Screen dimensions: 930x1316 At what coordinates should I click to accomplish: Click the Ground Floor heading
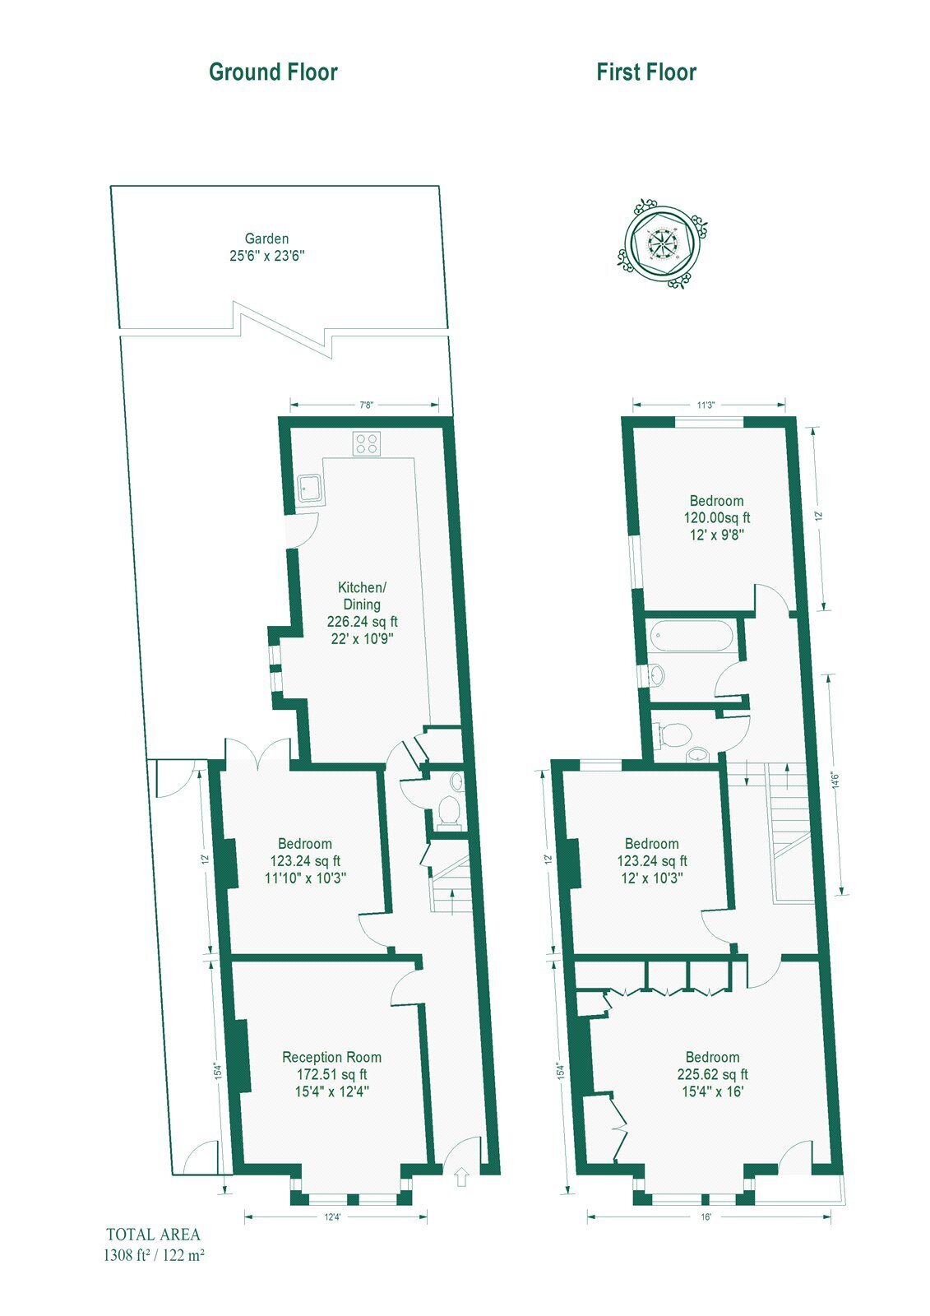pyautogui.click(x=273, y=72)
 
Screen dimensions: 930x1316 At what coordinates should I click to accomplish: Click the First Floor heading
pyautogui.click(x=646, y=72)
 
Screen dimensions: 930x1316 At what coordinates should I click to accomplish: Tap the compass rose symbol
pyautogui.click(x=662, y=243)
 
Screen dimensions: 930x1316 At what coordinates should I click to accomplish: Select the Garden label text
pyautogui.click(x=266, y=239)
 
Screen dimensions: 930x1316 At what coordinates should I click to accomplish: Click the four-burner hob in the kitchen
pyautogui.click(x=367, y=443)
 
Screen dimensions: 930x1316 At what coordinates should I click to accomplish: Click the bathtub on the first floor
pyautogui.click(x=690, y=637)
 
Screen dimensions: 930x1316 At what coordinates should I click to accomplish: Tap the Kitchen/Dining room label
pyautogui.click(x=362, y=595)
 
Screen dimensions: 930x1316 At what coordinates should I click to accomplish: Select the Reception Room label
pyautogui.click(x=332, y=1057)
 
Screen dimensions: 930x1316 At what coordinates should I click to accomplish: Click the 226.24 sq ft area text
pyautogui.click(x=362, y=622)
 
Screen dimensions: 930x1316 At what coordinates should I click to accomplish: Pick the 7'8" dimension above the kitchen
pyautogui.click(x=366, y=405)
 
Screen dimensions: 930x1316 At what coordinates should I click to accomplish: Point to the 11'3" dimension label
pyautogui.click(x=706, y=405)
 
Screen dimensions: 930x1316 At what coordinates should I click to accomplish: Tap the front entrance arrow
pyautogui.click(x=461, y=1178)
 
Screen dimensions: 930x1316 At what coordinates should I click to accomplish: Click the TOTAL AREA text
pyautogui.click(x=153, y=1235)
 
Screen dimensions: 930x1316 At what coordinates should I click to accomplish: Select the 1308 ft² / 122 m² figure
pyautogui.click(x=154, y=1255)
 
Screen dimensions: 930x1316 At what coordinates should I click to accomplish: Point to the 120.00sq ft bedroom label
pyautogui.click(x=717, y=518)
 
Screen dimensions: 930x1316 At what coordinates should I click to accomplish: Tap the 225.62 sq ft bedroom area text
pyautogui.click(x=712, y=1074)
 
